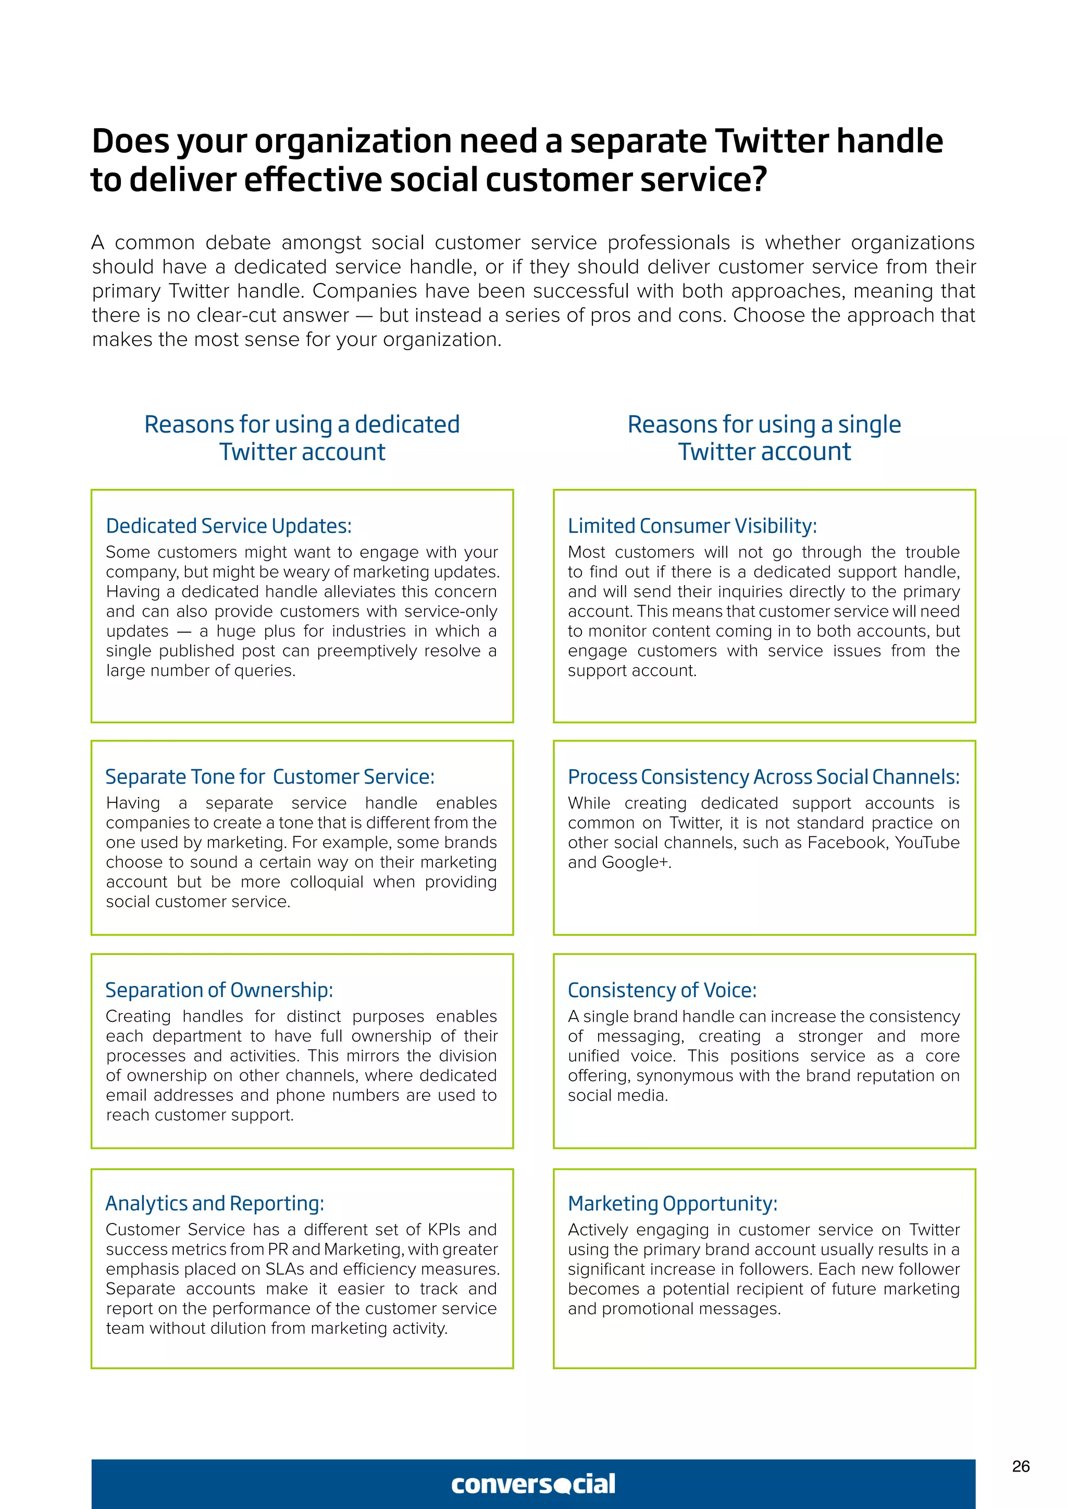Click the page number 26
point(1020,1466)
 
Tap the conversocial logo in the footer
point(533,1484)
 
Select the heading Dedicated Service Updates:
point(229,526)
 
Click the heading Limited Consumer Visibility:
point(692,526)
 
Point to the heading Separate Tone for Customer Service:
point(269,777)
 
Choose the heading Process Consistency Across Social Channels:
point(763,777)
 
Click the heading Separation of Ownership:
point(219,990)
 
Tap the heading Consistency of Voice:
point(662,990)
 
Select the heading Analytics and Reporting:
point(214,1203)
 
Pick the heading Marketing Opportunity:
point(672,1203)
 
